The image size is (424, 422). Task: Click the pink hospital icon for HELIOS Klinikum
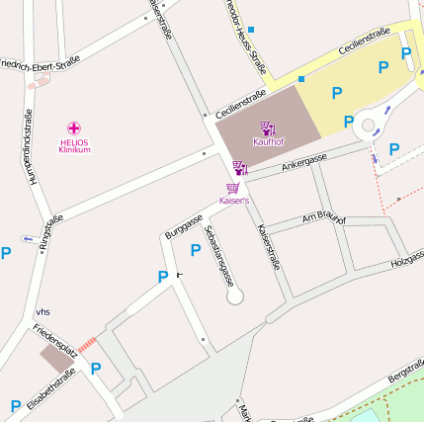(x=75, y=128)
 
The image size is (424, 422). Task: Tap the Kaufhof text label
(x=268, y=140)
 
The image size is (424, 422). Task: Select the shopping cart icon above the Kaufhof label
(x=267, y=127)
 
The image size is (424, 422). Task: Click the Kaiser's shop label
(x=234, y=201)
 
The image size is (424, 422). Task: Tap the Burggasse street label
(x=184, y=226)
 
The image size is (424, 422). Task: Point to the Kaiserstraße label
(x=269, y=247)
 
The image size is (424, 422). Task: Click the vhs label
(x=42, y=311)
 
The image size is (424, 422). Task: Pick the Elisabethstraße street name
(x=52, y=387)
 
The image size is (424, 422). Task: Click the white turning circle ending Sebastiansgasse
(x=234, y=295)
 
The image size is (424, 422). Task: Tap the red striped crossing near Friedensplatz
(x=88, y=344)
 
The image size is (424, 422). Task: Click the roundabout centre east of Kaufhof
(x=368, y=126)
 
